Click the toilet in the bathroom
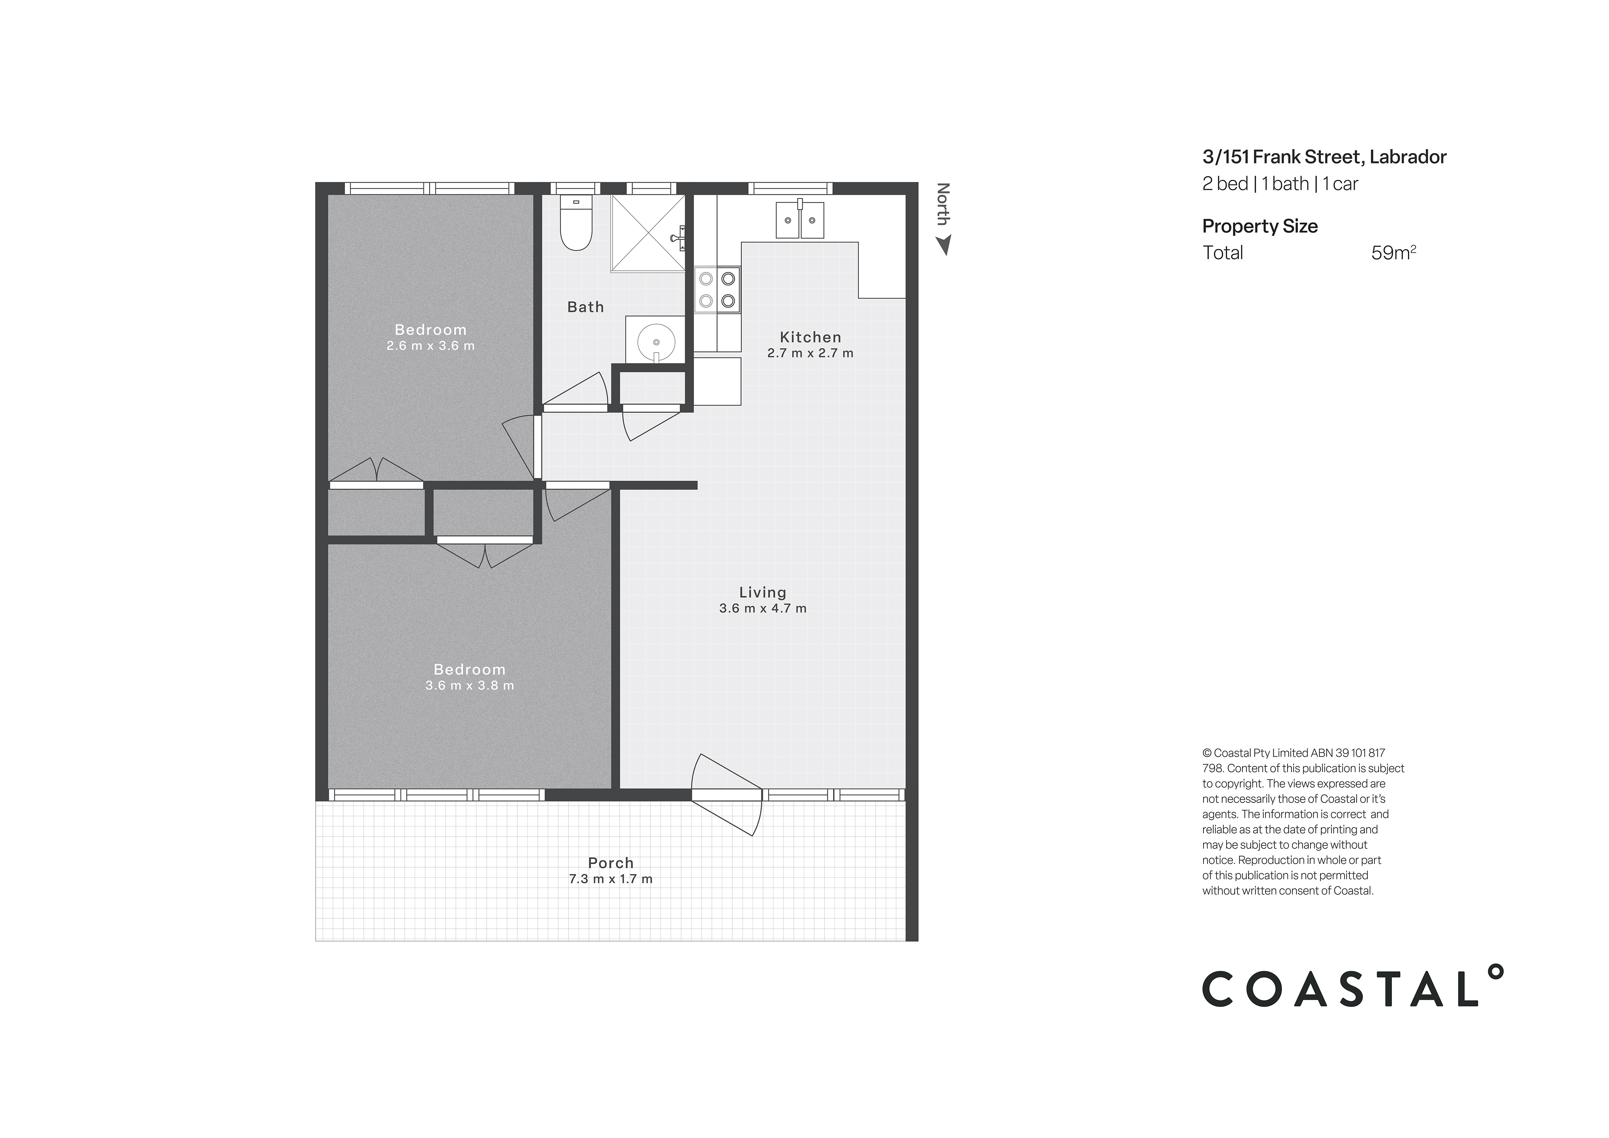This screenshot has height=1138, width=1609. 576,223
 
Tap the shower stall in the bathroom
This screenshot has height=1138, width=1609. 648,233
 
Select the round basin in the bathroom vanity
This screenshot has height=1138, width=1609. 656,342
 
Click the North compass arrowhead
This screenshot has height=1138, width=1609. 944,245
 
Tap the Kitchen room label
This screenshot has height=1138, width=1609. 810,337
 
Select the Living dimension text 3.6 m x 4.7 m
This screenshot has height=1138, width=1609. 762,608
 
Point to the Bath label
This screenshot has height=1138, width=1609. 585,307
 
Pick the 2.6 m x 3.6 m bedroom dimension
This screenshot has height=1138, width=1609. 430,345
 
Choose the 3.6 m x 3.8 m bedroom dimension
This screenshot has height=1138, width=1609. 469,685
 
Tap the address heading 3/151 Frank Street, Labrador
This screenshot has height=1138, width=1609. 1324,157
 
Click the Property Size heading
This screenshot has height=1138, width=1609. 1259,226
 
